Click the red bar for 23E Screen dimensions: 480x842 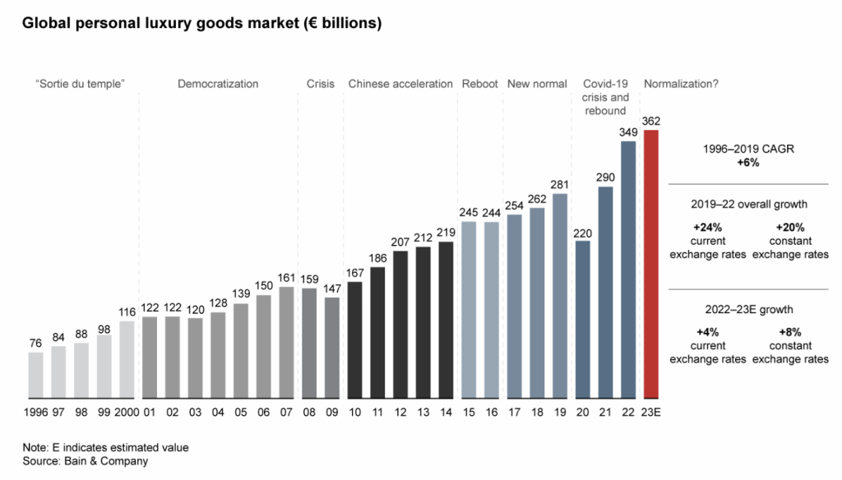point(651,263)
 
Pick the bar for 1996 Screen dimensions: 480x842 point(36,375)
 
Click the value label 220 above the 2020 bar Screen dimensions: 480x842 point(582,232)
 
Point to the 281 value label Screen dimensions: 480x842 point(560,184)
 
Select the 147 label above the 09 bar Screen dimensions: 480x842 point(332,288)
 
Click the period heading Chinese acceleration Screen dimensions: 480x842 point(400,84)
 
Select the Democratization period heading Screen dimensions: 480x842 point(218,84)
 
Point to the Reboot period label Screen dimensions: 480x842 point(479,84)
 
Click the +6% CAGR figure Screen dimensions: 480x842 point(747,163)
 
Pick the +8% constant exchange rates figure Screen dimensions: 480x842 point(790,333)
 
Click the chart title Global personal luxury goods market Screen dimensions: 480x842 point(201,24)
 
